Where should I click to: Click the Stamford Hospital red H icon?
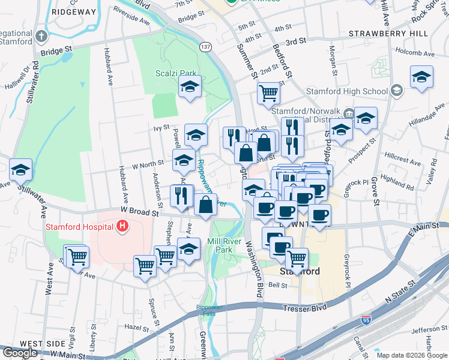click(x=122, y=227)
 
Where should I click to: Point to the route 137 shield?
click(x=206, y=47)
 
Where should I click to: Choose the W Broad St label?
click(x=139, y=211)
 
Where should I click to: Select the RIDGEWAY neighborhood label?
click(x=74, y=11)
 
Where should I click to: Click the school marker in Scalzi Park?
click(x=190, y=86)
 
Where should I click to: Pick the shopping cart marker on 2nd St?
click(x=268, y=92)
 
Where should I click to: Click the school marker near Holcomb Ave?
click(x=421, y=76)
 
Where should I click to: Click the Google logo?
click(x=20, y=352)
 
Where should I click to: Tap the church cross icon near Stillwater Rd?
click(x=41, y=35)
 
